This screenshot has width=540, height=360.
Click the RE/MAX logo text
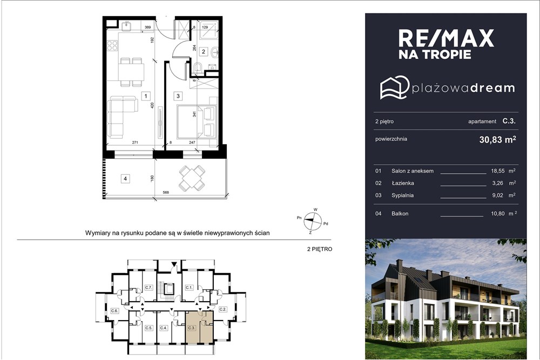[446, 38]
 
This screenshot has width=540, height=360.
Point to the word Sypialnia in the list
[403, 195]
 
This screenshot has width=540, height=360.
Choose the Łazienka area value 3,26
[498, 183]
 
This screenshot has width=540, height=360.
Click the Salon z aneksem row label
[412, 171]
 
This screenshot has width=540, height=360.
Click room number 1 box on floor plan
[145, 96]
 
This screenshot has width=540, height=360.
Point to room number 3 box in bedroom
[178, 96]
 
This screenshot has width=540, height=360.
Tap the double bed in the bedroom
[197, 121]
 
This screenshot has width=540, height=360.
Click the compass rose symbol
[312, 219]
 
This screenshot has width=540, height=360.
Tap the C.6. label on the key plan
[114, 311]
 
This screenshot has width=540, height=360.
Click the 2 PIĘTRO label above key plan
[319, 250]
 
